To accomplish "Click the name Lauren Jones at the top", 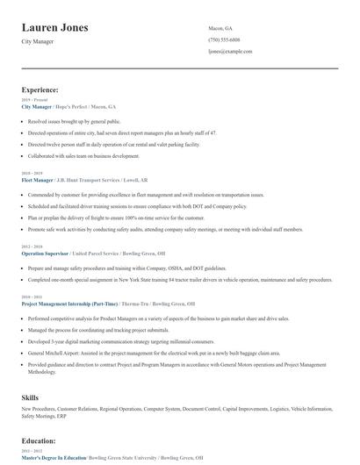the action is [x=54, y=28].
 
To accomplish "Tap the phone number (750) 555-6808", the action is [x=224, y=39].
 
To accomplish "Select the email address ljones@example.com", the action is [x=230, y=52].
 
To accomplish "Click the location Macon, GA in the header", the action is [x=220, y=28].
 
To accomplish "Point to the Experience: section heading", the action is [x=40, y=89].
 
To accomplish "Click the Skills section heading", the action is [x=31, y=397].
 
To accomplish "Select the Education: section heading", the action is [x=40, y=441].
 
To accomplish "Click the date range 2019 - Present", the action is [x=32, y=100].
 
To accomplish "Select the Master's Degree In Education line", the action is [x=54, y=457].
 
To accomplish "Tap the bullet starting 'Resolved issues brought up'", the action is [x=73, y=121].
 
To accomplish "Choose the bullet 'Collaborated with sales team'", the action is [x=83, y=155].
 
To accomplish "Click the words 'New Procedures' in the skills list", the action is [x=40, y=409].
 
